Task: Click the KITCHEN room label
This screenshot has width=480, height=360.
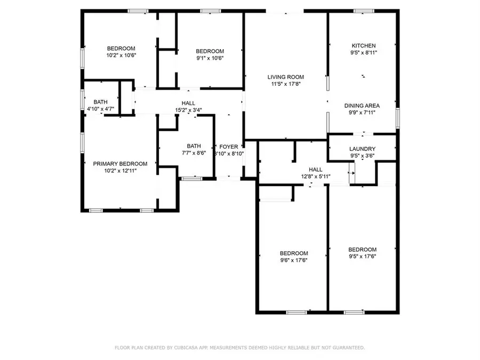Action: click(x=363, y=46)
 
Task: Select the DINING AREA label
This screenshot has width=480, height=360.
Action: click(x=362, y=106)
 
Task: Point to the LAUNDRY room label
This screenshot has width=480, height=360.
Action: click(x=362, y=149)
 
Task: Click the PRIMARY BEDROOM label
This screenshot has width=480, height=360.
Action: click(x=120, y=164)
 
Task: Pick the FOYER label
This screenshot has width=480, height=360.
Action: click(x=229, y=147)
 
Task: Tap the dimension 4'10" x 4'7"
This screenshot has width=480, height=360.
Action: click(x=100, y=109)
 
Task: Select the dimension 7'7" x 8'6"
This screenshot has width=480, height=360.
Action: click(x=194, y=153)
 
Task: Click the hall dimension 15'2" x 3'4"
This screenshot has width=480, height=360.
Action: click(x=188, y=110)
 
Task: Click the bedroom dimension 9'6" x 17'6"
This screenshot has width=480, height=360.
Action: click(x=294, y=260)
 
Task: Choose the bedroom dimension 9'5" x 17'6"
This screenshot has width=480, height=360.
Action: click(x=362, y=257)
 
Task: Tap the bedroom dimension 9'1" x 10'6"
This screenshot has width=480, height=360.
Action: click(x=209, y=58)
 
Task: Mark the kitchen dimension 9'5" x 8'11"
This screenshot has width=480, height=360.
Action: click(x=363, y=53)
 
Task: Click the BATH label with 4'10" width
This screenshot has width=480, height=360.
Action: click(x=100, y=102)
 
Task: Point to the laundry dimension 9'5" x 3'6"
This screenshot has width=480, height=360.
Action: click(x=362, y=156)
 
